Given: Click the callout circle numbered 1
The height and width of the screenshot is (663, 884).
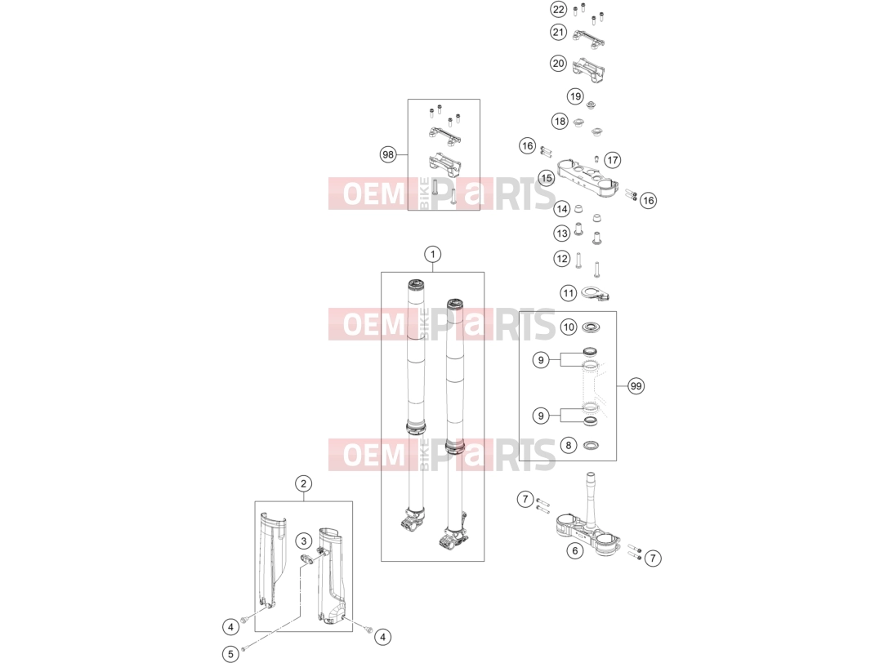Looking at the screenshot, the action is tap(432, 255).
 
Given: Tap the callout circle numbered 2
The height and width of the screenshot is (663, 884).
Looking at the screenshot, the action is tap(303, 483).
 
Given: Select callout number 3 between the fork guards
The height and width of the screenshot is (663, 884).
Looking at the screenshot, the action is tap(304, 541).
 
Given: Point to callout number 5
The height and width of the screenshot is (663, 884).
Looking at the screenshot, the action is tap(230, 654).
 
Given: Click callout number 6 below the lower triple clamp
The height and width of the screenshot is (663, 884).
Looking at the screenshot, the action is tap(574, 550).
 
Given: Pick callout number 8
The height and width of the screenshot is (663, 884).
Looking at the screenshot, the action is tap(569, 445).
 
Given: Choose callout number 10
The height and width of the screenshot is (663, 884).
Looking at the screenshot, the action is tap(569, 327).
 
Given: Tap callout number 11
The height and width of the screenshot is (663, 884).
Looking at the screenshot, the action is tap(569, 293).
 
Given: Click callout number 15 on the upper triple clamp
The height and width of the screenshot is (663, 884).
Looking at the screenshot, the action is tap(547, 179).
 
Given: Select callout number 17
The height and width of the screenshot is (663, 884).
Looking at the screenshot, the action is tap(613, 160).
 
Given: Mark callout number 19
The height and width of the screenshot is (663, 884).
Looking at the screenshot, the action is tap(575, 96).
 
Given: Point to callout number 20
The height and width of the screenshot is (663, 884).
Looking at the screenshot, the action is tap(558, 63).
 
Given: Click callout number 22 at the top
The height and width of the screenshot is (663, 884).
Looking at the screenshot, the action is tap(558, 9).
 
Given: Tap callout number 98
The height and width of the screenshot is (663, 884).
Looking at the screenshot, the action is tap(388, 154).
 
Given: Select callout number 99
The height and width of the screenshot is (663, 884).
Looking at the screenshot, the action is tap(636, 386).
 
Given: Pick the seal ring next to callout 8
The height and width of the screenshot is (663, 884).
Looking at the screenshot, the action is tap(591, 446).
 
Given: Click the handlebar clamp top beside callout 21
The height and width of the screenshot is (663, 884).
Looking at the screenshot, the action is tap(589, 38).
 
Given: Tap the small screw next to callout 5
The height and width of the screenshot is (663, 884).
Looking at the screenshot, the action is tap(243, 649).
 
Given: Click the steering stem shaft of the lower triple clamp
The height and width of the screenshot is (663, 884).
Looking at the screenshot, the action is tap(591, 499).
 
